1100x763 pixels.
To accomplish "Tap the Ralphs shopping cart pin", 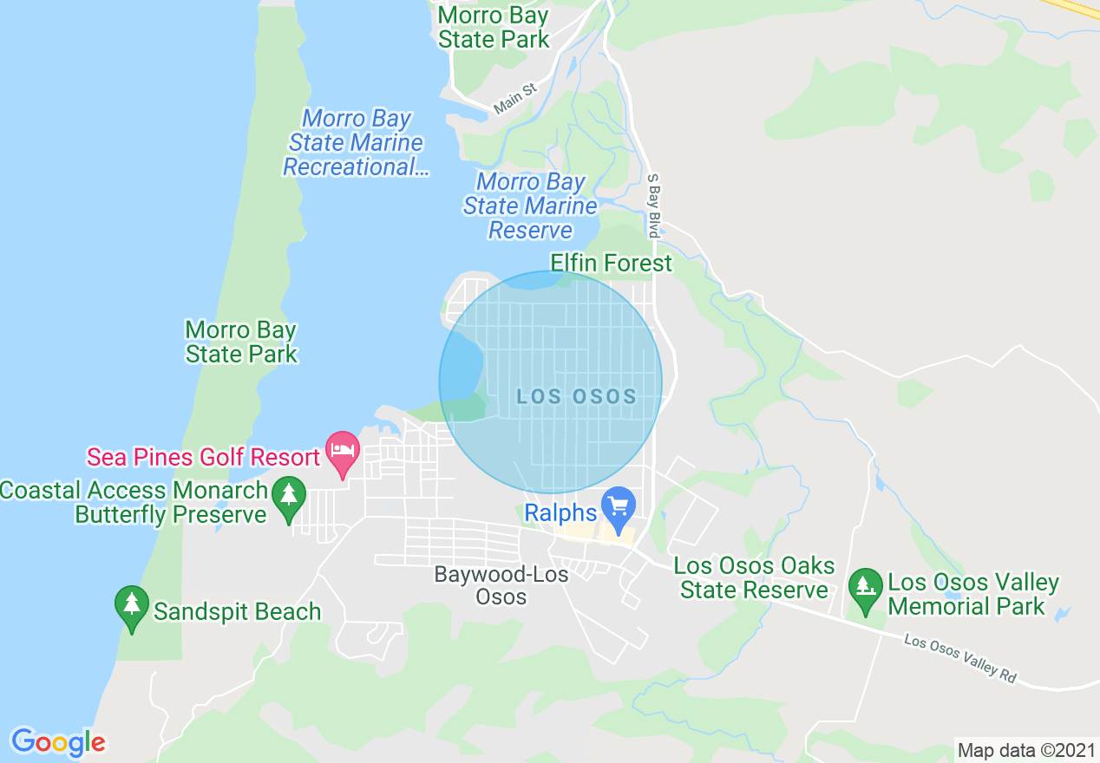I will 619,507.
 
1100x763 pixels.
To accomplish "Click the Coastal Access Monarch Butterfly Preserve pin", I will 289,497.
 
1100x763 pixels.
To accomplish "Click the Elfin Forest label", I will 611,263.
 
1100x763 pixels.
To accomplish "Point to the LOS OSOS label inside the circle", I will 577,397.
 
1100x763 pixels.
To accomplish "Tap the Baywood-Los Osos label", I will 501,585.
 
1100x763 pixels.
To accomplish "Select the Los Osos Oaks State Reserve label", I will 754,578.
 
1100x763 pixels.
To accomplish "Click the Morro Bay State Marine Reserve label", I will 530,206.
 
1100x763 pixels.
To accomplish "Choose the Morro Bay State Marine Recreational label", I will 356,143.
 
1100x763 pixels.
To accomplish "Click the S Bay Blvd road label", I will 654,205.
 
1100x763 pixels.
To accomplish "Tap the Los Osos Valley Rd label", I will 959,659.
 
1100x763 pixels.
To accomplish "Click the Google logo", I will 58,742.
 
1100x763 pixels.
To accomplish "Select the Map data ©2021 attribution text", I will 1026,750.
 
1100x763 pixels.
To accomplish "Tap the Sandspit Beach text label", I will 237,612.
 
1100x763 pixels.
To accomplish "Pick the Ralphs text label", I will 560,513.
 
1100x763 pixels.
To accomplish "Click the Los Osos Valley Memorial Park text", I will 972,594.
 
